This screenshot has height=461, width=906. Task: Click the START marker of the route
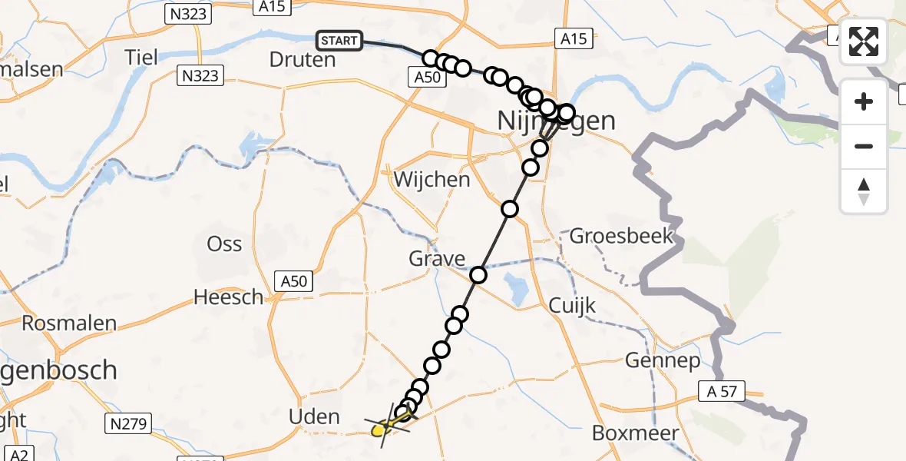339,40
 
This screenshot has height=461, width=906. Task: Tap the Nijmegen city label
557,121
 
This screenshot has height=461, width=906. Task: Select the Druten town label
303,59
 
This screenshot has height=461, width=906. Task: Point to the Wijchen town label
432,180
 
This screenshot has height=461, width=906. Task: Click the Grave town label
437,258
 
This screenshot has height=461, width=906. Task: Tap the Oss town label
224,244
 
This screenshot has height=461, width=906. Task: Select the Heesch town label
228,297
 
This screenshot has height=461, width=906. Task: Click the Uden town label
313,417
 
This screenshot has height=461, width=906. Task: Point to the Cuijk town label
572,305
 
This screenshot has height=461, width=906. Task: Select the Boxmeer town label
636,433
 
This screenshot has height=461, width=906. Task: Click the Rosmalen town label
69,323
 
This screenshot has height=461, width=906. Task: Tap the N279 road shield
130,423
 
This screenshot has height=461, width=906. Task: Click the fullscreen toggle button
864,41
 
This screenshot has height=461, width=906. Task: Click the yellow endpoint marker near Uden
379,431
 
